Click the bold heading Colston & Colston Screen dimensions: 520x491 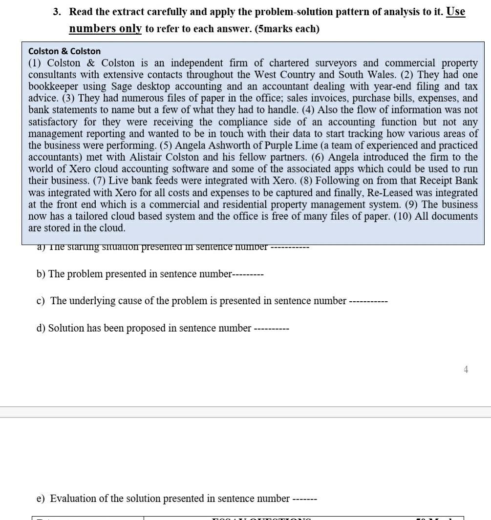click(x=64, y=51)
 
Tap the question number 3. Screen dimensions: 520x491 click(x=57, y=12)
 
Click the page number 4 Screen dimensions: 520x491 click(x=466, y=370)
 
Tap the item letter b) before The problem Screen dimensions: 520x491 click(x=41, y=274)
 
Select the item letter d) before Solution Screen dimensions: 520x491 click(x=41, y=328)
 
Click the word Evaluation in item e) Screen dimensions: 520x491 click(x=73, y=499)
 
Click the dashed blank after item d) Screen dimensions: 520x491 click(x=272, y=329)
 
